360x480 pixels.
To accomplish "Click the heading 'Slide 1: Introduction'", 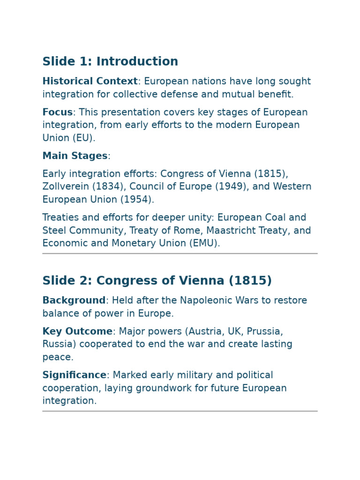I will click(x=110, y=62).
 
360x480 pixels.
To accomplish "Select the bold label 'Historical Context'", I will click(x=90, y=82).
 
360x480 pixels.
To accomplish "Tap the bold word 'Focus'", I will click(x=57, y=112).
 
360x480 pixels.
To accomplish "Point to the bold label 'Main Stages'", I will click(x=75, y=156).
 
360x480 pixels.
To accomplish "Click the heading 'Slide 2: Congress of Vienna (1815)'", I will click(x=157, y=281).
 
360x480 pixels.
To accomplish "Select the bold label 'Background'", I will click(x=74, y=300).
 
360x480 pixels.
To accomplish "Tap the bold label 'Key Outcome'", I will click(x=77, y=331).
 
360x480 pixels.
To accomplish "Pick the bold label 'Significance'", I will click(x=75, y=375).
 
